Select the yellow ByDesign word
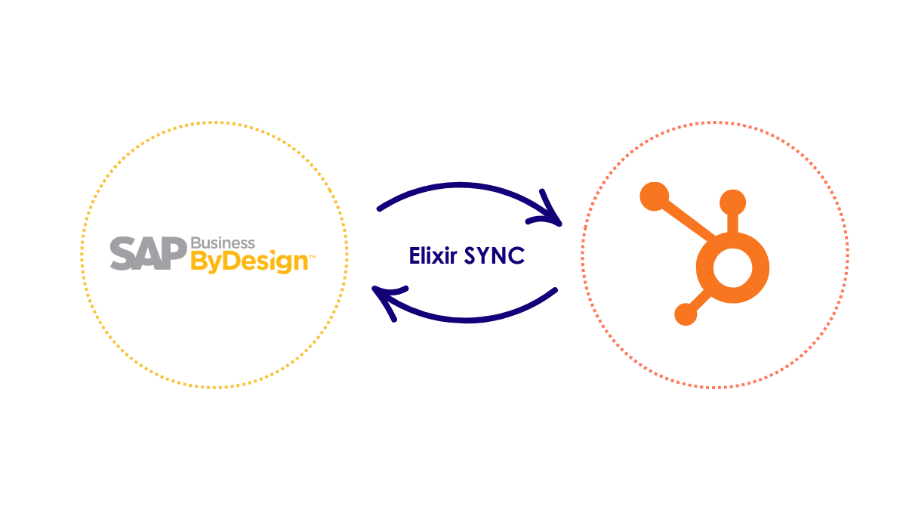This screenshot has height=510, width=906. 249,262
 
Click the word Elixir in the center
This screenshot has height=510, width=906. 433,256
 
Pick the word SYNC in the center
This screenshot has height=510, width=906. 495,256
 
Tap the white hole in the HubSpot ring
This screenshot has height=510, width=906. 731,270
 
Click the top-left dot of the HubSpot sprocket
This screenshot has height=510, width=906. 655,196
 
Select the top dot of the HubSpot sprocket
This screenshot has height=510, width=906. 732,202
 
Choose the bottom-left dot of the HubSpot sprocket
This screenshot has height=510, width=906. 686,314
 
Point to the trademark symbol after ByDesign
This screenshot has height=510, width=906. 313,258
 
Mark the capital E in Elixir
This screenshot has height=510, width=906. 415,256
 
